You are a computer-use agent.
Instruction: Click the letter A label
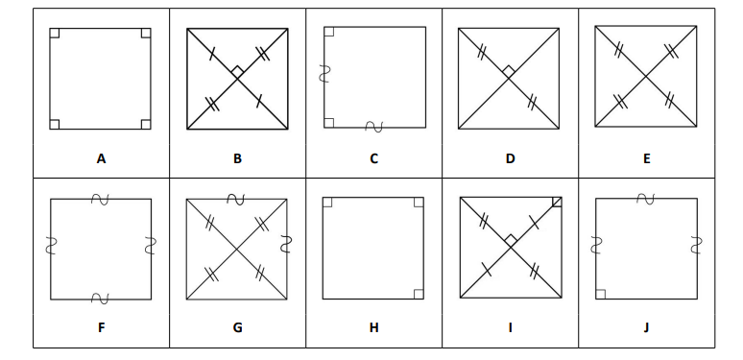pyautogui.click(x=101, y=158)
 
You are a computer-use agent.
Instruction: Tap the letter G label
pyautogui.click(x=237, y=327)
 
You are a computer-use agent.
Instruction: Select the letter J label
pyautogui.click(x=646, y=327)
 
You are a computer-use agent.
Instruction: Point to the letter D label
pyautogui.click(x=510, y=158)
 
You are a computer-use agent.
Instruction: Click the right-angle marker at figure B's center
pyautogui.click(x=237, y=72)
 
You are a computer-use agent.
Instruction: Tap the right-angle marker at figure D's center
pyautogui.click(x=509, y=72)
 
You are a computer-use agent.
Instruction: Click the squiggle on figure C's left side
pyautogui.click(x=324, y=74)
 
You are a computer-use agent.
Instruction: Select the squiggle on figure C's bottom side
pyautogui.click(x=373, y=127)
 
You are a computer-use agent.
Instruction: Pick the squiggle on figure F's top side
pyautogui.click(x=100, y=200)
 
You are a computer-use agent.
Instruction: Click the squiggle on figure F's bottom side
pyautogui.click(x=100, y=299)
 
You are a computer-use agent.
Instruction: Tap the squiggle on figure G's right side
pyautogui.click(x=286, y=244)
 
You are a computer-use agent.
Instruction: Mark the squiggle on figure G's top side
pyautogui.click(x=235, y=200)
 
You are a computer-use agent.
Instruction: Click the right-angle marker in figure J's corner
pyautogui.click(x=600, y=294)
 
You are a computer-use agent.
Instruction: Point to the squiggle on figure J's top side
pyautogui.click(x=646, y=199)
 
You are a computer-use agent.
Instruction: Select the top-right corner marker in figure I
pyautogui.click(x=557, y=202)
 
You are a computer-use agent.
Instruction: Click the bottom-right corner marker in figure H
pyautogui.click(x=419, y=294)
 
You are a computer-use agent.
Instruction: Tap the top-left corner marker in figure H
pyautogui.click(x=327, y=203)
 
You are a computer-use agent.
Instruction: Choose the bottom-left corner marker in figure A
pyautogui.click(x=55, y=124)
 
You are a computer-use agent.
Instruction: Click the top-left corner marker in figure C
pyautogui.click(x=329, y=32)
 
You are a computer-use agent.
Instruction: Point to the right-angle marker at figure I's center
pyautogui.click(x=511, y=240)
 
